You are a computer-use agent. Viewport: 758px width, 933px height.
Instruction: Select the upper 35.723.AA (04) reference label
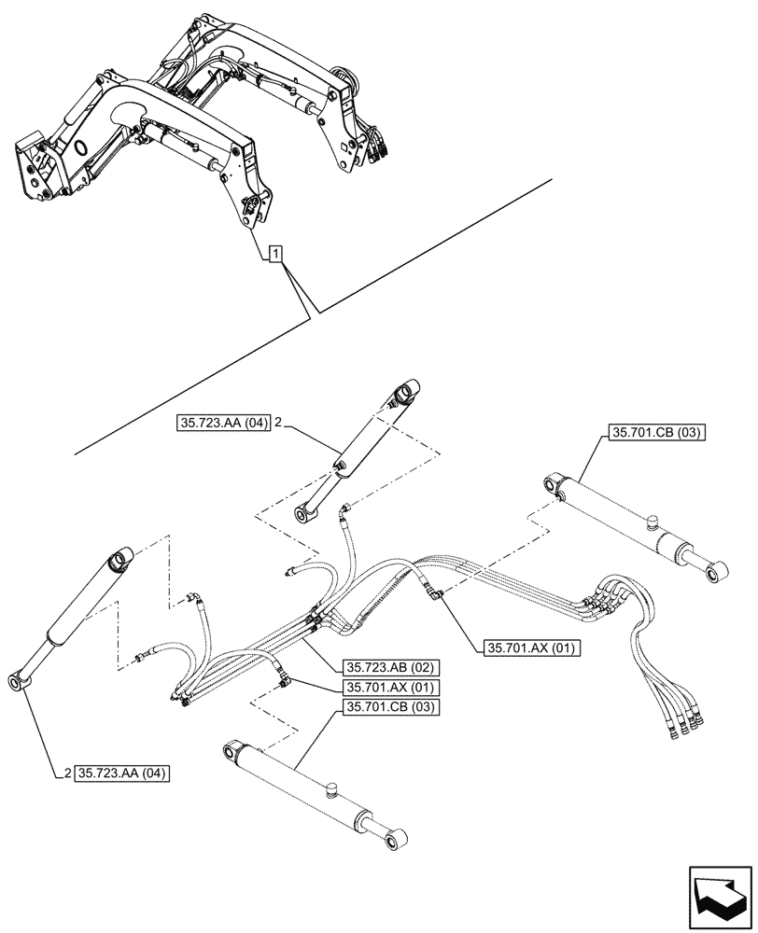[x=222, y=424]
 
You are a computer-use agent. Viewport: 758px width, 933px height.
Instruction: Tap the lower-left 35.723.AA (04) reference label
[x=122, y=773]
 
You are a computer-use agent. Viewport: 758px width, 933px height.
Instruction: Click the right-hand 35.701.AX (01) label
[x=530, y=647]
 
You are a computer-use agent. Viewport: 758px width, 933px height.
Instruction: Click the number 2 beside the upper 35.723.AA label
[x=279, y=424]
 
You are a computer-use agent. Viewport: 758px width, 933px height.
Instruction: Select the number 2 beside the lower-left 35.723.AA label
[x=69, y=773]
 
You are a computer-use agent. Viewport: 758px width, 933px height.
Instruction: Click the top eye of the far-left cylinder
[x=121, y=560]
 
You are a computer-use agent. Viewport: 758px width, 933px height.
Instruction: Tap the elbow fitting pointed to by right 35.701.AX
[x=433, y=590]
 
